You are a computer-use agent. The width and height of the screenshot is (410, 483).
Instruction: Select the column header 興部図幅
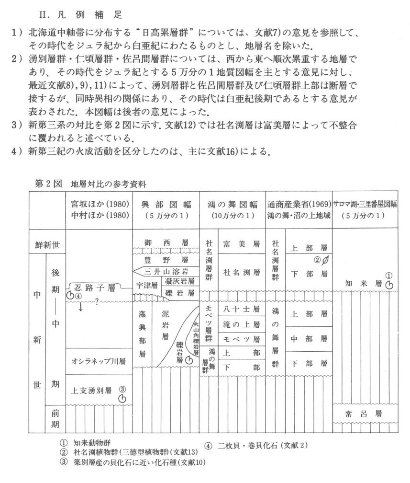[x=166, y=205]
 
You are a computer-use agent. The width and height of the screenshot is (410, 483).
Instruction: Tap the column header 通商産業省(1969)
[x=299, y=205]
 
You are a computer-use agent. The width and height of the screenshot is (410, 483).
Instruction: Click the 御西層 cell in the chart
[x=166, y=243]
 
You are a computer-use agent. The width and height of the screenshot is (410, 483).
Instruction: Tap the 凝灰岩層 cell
[x=179, y=281]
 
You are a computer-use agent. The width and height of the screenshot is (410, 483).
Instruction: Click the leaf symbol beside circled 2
[x=326, y=261]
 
